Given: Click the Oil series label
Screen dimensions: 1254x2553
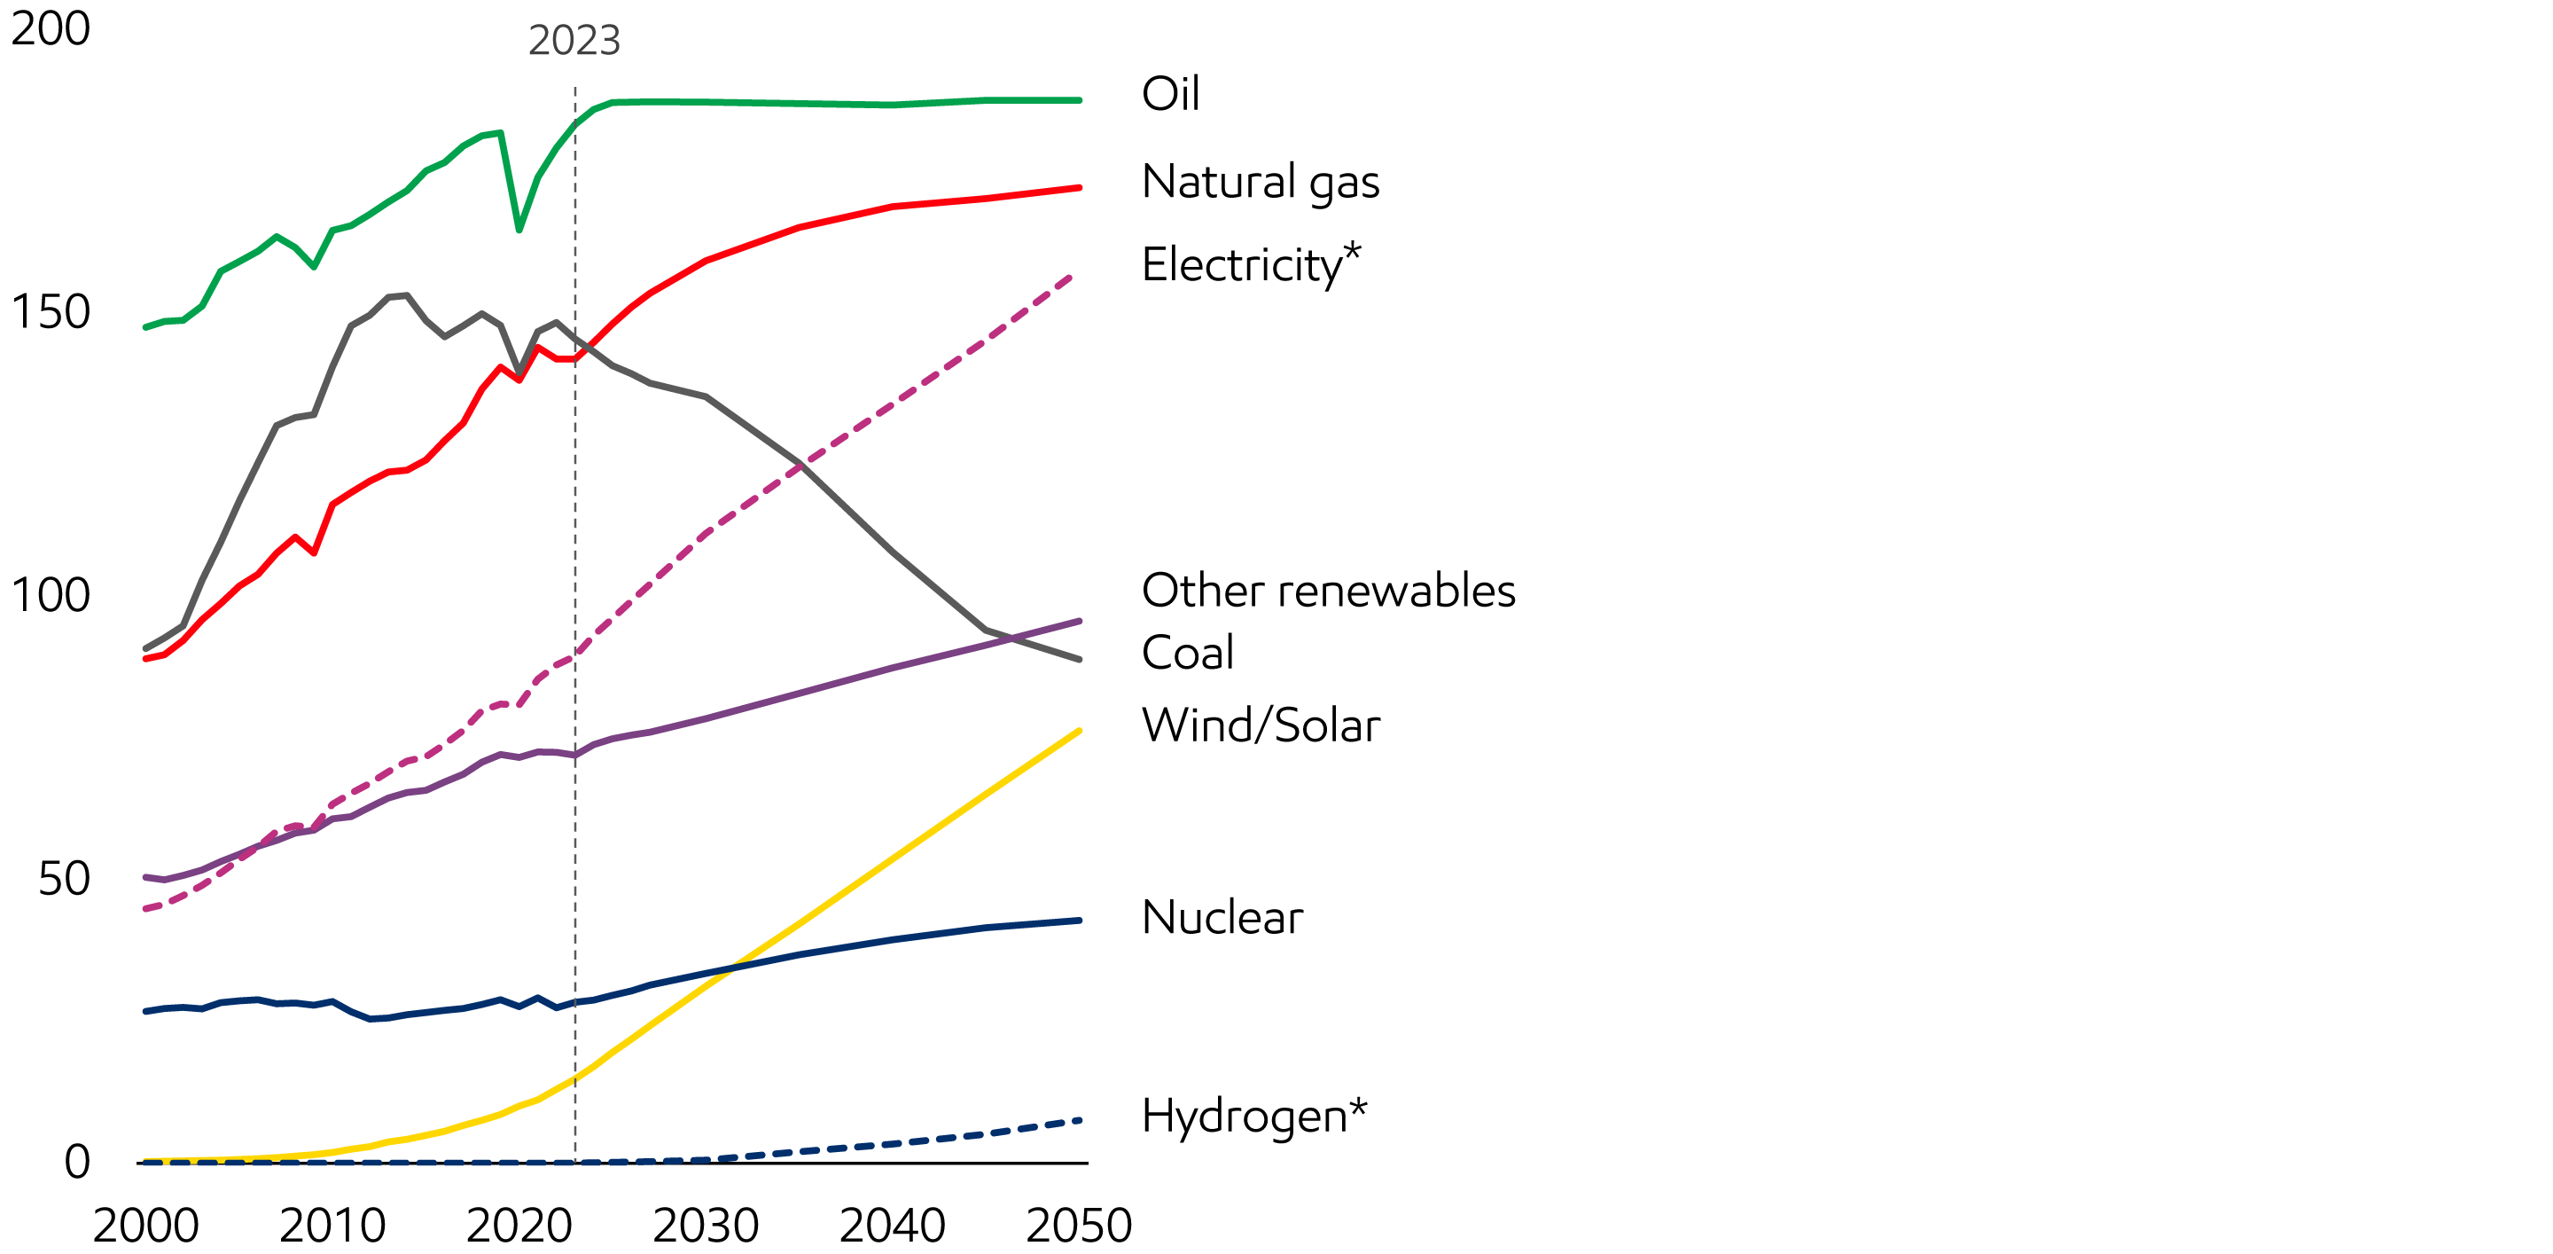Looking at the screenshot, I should (x=1169, y=94).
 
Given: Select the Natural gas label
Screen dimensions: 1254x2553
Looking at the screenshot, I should (x=1260, y=183).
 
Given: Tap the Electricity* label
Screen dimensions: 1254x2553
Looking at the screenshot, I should (x=1251, y=264).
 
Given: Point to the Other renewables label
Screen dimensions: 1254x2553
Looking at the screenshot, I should (x=1328, y=591).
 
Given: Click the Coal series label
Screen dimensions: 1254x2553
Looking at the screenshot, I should (x=1187, y=654).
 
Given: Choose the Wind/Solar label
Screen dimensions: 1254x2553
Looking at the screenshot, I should (x=1261, y=725).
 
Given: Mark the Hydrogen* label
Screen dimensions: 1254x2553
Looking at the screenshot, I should (x=1253, y=1117).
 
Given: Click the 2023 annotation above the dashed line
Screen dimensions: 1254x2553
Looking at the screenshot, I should (x=574, y=41).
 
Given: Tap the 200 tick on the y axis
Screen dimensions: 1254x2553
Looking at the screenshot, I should (x=51, y=28).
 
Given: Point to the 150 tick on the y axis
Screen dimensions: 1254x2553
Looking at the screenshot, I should (x=51, y=312).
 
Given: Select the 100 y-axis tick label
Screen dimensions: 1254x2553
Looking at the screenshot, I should (x=51, y=596).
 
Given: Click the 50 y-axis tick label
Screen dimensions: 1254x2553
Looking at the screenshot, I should (x=64, y=879).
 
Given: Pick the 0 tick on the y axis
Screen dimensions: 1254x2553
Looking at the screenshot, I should (x=77, y=1162).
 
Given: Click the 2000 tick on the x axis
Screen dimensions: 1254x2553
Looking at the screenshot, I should (x=145, y=1227).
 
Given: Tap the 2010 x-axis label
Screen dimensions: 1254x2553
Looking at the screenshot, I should (x=332, y=1227).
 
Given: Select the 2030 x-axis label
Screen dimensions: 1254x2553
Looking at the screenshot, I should (x=706, y=1227).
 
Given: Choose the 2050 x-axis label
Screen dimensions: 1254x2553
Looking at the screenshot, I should (x=1078, y=1227).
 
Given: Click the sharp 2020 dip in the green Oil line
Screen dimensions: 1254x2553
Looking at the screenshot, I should (x=519, y=230).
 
